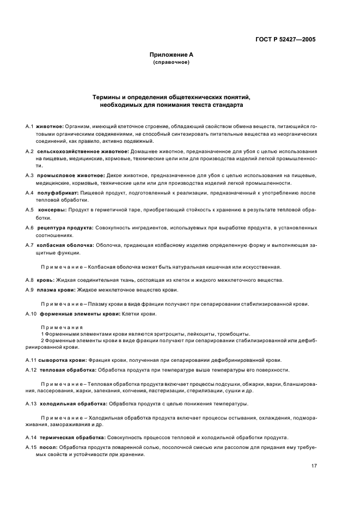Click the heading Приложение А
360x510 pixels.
172,55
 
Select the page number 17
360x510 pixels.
314,466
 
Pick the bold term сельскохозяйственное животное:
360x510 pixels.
83,151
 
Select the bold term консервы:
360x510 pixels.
53,210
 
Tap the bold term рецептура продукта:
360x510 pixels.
66,227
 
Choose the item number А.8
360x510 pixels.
29,280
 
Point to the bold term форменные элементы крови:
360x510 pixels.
78,314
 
